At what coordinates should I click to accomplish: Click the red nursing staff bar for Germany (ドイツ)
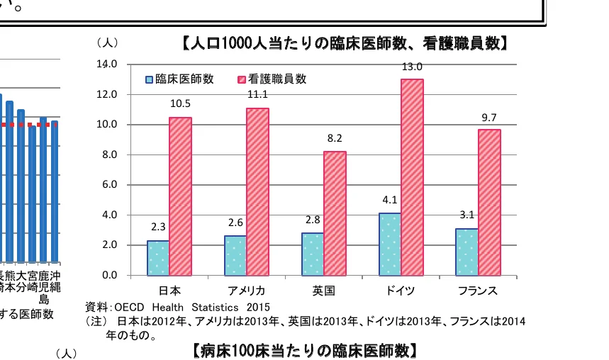point(412,177)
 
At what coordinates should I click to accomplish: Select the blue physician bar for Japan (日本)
point(158,258)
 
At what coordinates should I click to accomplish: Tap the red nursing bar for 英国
point(335,213)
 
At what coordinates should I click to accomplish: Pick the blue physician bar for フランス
point(466,252)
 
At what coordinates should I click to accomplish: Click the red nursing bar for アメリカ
point(257,191)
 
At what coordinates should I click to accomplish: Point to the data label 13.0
point(412,67)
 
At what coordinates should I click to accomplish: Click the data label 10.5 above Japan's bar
point(180,103)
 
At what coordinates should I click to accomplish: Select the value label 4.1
point(389,200)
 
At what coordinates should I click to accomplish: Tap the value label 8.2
point(335,138)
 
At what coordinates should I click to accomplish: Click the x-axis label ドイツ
point(401,291)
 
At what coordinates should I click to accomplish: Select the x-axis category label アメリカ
point(246,291)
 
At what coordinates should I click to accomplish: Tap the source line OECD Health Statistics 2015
point(178,307)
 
